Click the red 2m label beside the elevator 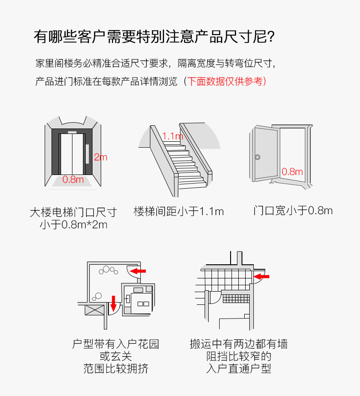pos(100,157)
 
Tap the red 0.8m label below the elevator pos(73,179)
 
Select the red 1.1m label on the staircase pos(172,136)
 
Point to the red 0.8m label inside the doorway pos(292,172)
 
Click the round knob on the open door pos(258,157)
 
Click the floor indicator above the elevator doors pos(72,132)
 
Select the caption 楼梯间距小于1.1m pos(179,211)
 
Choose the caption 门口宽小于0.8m pos(293,211)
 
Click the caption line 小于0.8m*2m pos(73,225)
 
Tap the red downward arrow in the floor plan pos(113,302)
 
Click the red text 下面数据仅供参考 pos(225,82)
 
